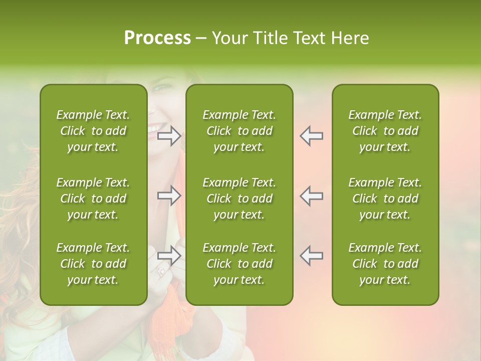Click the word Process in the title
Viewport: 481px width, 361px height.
[x=157, y=38]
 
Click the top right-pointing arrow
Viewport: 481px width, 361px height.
[x=169, y=135]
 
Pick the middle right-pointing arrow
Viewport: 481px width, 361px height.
[x=169, y=196]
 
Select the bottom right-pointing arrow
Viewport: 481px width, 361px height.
[x=169, y=255]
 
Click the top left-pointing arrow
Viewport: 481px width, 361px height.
[x=312, y=135]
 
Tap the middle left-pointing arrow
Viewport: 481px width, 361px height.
[x=312, y=196]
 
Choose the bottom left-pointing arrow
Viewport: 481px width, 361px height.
[x=312, y=255]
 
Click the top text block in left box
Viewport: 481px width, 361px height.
[x=93, y=131]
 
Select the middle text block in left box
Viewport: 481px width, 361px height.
[x=93, y=199]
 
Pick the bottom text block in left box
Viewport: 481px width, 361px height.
[x=93, y=264]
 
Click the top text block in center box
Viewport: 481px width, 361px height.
[x=239, y=131]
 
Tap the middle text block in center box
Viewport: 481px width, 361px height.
[x=239, y=199]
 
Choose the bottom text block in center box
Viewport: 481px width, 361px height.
[x=239, y=264]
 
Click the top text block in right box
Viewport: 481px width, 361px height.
[x=385, y=131]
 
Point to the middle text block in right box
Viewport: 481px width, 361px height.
[x=385, y=199]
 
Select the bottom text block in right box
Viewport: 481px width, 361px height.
[x=385, y=264]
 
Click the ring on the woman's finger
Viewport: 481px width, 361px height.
[x=161, y=272]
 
